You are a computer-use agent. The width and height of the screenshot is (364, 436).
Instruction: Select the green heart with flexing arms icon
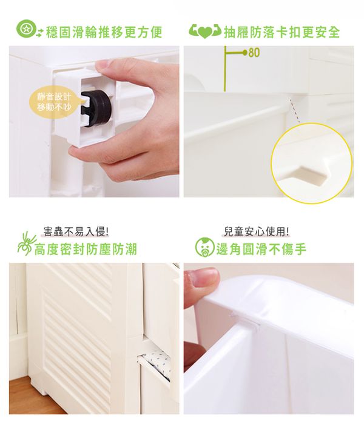(x=204, y=31)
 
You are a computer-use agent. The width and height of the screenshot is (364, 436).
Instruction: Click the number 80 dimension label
(x=254, y=53)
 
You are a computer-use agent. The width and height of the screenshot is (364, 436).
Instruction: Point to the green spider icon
(x=27, y=243)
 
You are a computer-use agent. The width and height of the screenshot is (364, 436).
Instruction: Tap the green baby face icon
(x=204, y=247)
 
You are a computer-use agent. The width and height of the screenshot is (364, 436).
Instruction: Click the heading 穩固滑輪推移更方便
(x=104, y=31)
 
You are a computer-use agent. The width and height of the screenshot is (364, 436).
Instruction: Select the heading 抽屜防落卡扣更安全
(x=282, y=31)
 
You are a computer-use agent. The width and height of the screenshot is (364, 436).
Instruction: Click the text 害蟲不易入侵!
(x=75, y=231)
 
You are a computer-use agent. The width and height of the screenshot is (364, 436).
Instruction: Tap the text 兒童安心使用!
(x=256, y=231)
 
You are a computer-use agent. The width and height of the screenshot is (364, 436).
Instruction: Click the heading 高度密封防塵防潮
(x=86, y=249)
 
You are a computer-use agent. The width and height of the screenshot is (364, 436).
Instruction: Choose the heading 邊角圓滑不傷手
(x=261, y=249)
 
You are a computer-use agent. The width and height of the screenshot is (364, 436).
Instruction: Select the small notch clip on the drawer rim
(x=245, y=320)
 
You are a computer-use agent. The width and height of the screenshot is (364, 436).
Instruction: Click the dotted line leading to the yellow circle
(x=294, y=110)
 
